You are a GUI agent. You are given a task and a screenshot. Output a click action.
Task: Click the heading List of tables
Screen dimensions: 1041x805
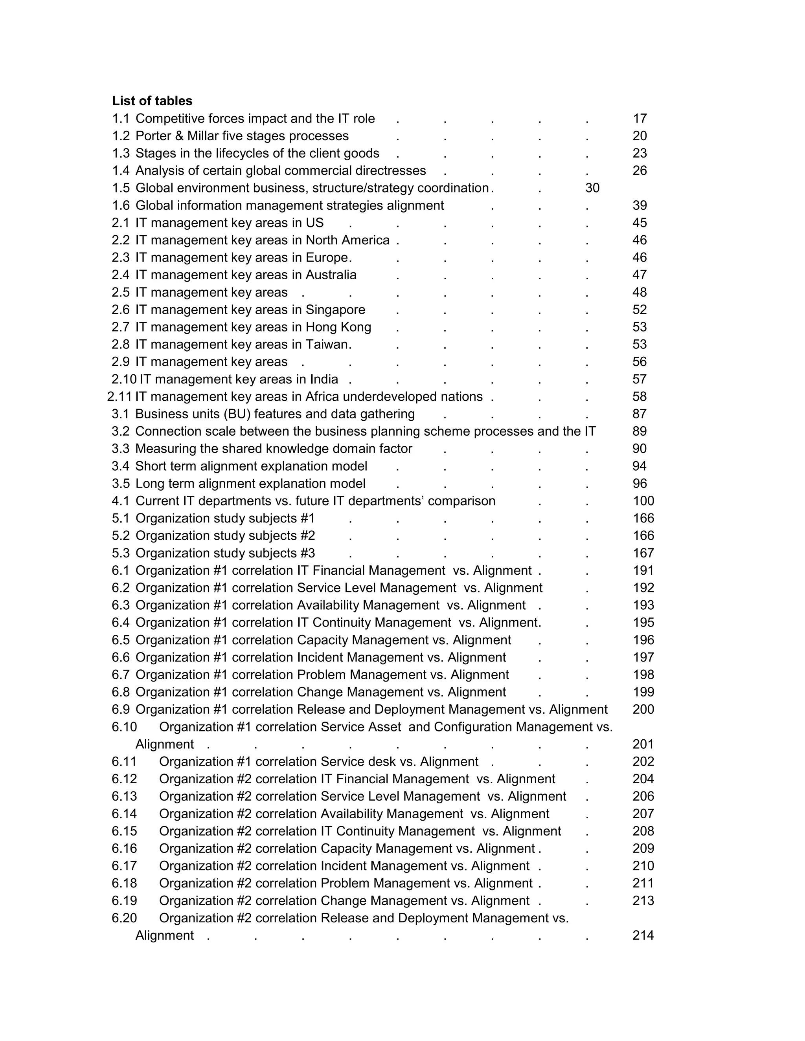pos(152,101)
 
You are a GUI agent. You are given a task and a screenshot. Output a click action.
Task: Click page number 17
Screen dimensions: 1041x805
pos(640,119)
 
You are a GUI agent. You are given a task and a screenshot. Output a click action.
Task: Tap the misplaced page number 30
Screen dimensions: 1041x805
pos(592,188)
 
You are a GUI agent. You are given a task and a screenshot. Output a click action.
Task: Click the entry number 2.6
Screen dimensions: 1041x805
pos(121,310)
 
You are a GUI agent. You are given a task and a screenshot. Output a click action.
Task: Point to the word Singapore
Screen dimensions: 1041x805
pos(335,310)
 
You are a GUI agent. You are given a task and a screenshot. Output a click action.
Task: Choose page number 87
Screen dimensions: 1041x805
pos(640,414)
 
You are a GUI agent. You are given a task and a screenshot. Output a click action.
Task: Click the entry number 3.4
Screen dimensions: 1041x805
pos(121,466)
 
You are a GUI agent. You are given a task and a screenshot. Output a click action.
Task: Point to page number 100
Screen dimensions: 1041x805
pos(643,501)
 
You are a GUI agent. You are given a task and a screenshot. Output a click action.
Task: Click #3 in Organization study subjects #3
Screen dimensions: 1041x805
pos(308,553)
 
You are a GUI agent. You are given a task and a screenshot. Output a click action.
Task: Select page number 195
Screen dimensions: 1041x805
pos(643,623)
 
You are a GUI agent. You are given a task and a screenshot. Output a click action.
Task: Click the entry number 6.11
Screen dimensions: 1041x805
pos(124,762)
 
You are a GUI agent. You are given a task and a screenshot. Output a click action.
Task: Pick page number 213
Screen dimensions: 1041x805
pos(643,901)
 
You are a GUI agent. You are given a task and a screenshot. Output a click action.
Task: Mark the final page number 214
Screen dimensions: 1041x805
pos(643,936)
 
